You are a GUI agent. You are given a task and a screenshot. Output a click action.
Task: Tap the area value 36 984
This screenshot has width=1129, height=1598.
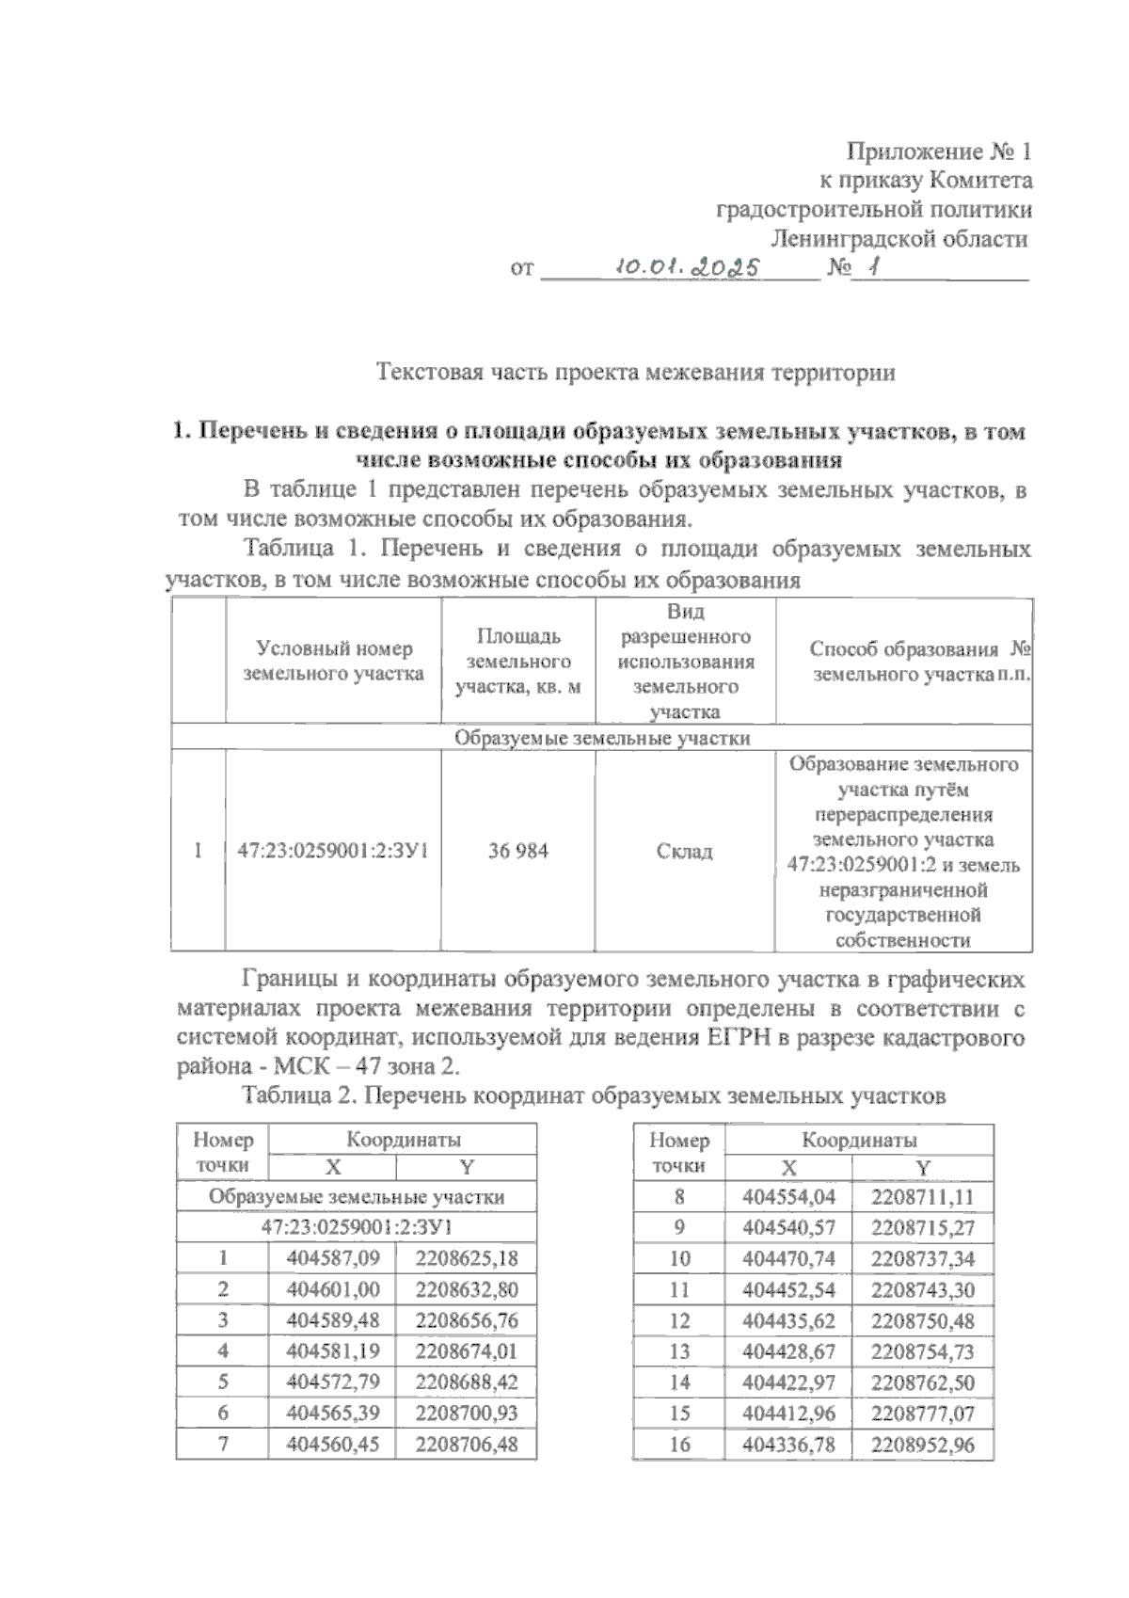click(517, 851)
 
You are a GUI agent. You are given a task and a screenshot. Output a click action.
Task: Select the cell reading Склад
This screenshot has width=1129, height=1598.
click(684, 851)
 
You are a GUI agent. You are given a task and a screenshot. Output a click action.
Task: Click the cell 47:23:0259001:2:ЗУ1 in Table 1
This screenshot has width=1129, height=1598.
click(333, 851)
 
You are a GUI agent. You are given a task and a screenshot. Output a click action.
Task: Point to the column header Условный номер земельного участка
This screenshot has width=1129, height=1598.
click(334, 661)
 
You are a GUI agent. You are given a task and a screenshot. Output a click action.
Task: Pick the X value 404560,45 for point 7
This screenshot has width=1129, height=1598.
click(332, 1444)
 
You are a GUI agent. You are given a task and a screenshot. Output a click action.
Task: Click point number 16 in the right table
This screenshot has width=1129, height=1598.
click(679, 1445)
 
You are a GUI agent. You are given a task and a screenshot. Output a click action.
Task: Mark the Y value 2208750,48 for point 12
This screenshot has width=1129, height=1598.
click(922, 1320)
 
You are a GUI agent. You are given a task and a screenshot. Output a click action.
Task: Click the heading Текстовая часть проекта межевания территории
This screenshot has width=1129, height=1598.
click(635, 372)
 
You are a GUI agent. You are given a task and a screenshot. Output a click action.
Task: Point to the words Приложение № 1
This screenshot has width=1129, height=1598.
click(939, 151)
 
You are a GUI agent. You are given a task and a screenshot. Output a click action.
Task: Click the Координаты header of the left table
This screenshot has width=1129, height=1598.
click(403, 1140)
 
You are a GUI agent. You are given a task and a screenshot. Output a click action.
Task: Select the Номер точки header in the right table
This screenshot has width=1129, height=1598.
click(679, 1153)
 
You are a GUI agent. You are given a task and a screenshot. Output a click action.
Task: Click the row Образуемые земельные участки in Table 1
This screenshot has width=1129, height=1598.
click(602, 737)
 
